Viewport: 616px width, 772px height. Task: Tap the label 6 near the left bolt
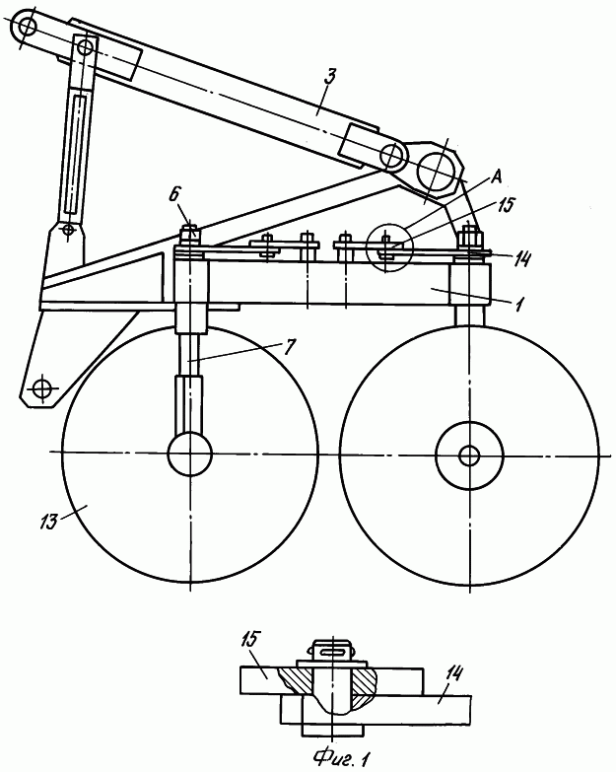click(175, 197)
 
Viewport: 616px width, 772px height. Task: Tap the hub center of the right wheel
click(468, 454)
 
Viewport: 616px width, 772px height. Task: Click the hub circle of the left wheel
click(190, 454)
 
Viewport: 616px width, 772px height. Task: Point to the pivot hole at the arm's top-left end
click(28, 29)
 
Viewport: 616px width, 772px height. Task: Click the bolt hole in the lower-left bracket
click(41, 387)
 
